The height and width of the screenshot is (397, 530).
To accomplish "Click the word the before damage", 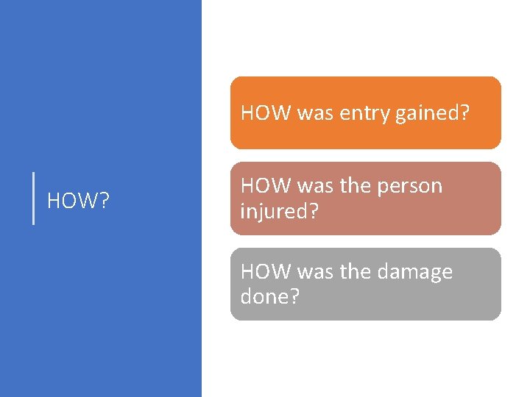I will pos(356,272).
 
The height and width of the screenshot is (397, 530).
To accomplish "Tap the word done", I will pos(265,296).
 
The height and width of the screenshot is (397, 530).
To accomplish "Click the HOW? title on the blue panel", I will pos(78,200).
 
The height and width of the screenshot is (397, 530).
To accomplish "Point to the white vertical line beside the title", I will pos(34,198).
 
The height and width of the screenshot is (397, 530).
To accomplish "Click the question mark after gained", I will pos(464,113).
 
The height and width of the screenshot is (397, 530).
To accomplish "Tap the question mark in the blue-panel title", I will pos(104,200).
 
